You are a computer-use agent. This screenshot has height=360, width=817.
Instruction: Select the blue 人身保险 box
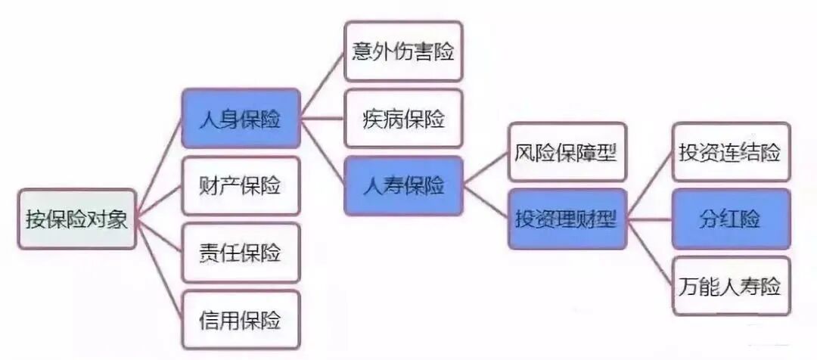(241, 119)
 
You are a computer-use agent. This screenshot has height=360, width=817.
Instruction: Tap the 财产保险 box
(241, 186)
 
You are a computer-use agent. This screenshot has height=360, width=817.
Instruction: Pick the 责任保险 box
(241, 253)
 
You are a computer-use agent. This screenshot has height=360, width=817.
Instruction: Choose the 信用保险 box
(241, 319)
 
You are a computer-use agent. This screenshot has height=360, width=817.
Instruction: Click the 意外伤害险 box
(403, 51)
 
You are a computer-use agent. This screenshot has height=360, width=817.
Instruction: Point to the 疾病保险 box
(403, 119)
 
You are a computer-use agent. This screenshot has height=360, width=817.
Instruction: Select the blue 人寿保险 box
(403, 185)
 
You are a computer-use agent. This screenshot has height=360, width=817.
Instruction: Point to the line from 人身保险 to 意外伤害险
(323, 83)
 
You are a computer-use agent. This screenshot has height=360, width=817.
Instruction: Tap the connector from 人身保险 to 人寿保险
(323, 151)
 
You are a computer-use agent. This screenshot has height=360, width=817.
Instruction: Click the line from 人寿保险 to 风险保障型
(486, 167)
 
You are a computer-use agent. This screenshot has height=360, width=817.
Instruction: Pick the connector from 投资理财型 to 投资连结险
(650, 185)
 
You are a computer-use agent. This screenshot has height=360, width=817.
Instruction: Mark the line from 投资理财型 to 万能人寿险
(650, 253)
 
